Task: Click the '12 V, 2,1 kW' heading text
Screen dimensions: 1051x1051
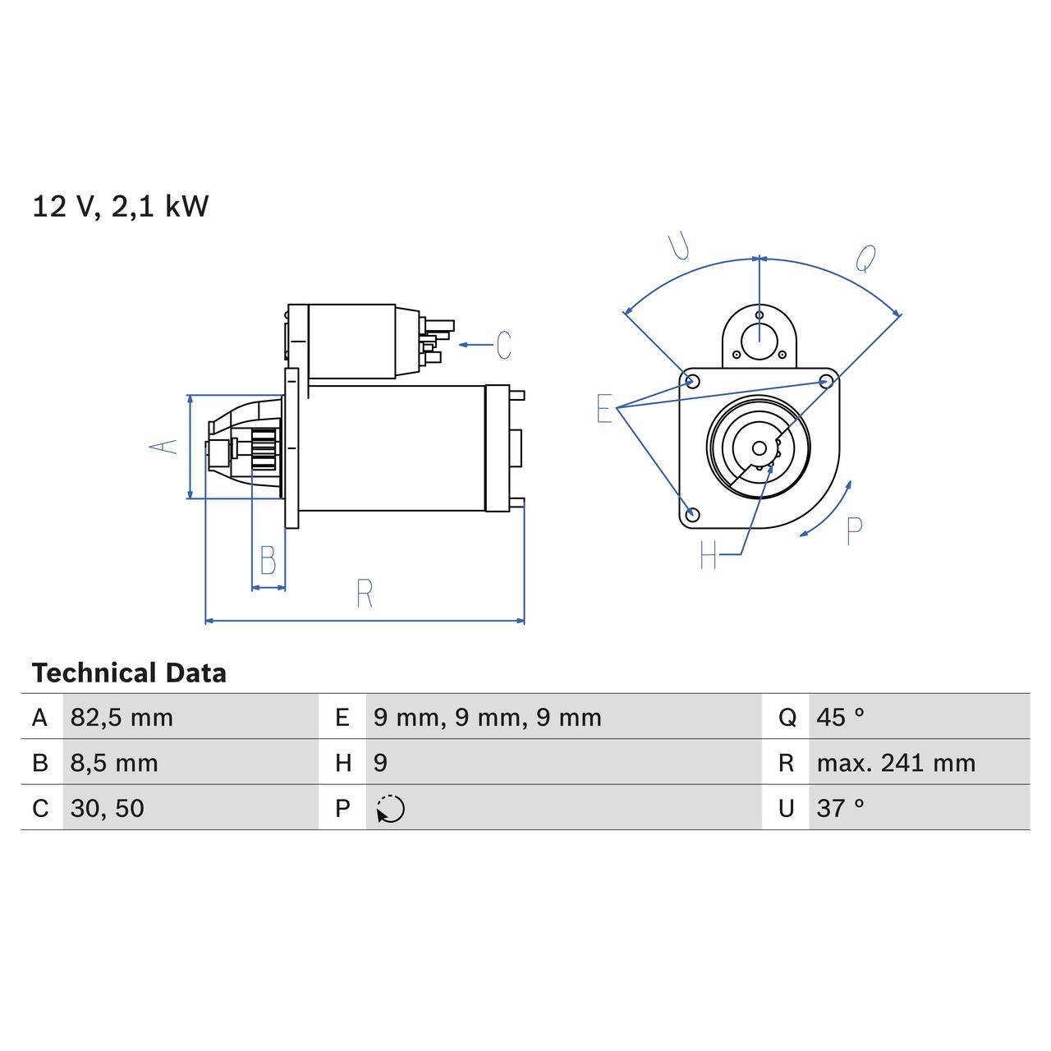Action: click(120, 206)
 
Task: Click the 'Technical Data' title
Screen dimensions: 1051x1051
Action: click(129, 673)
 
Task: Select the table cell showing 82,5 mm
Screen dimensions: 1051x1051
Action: click(122, 718)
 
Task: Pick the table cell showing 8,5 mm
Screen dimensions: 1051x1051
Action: click(114, 763)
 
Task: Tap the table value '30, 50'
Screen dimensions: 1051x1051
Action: click(108, 808)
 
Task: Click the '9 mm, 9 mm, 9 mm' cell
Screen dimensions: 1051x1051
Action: click(487, 718)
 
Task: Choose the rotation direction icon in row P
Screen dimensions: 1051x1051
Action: click(391, 809)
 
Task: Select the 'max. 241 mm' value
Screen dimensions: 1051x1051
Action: click(896, 763)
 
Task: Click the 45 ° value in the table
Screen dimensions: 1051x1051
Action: click(840, 718)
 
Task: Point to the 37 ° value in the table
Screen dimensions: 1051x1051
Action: click(840, 808)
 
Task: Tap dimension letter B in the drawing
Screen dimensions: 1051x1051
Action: click(268, 560)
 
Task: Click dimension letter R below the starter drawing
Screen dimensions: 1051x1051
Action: click(365, 593)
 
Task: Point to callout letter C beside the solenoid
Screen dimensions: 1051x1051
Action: click(503, 345)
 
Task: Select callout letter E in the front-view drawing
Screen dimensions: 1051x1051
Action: click(604, 408)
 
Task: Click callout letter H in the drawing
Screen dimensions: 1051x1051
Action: click(709, 556)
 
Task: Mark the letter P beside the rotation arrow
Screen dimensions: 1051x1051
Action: click(854, 531)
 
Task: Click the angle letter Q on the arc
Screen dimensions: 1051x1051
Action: click(865, 259)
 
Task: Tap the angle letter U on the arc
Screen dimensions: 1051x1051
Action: click(679, 246)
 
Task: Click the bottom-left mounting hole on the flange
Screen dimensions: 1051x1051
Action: click(692, 514)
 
